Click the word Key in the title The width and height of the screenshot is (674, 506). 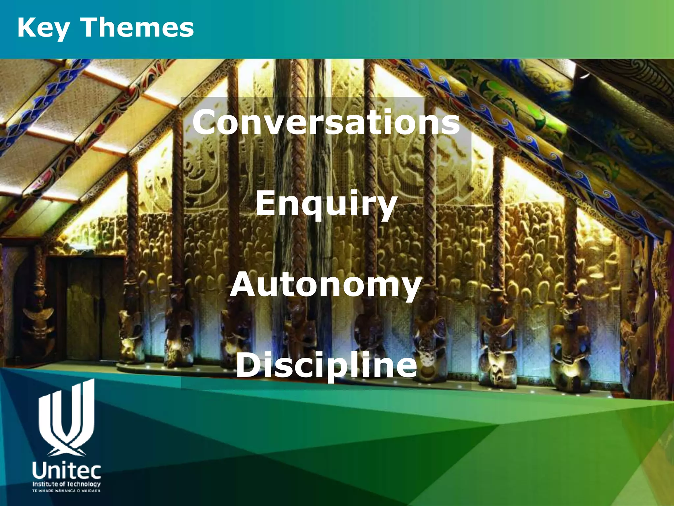[43, 28]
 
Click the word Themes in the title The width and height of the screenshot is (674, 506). [137, 28]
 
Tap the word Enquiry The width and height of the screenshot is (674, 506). [326, 204]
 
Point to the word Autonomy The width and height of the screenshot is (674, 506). [326, 285]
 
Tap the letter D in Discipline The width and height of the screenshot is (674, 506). [247, 365]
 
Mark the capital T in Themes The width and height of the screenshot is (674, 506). [91, 28]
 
